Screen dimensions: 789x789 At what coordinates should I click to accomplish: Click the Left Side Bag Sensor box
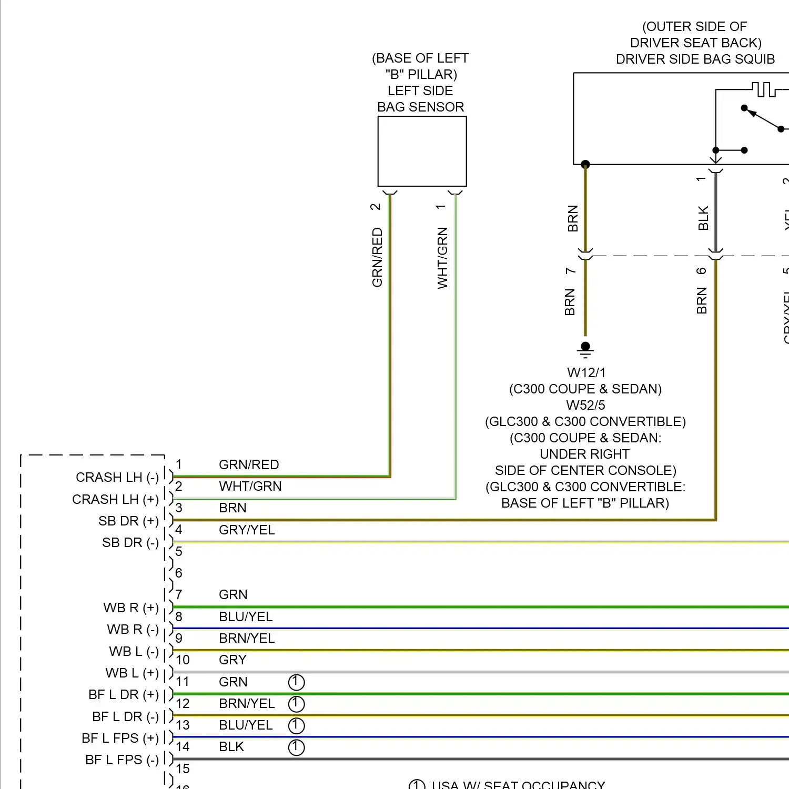pos(422,151)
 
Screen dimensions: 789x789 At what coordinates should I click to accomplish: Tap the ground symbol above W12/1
pos(585,348)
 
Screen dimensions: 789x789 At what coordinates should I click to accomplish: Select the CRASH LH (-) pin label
pos(117,477)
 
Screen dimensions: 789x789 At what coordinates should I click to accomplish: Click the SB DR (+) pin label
pos(128,521)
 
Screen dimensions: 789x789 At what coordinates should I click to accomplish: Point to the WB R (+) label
pos(131,608)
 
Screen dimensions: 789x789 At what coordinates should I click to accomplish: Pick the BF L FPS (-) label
pos(122,760)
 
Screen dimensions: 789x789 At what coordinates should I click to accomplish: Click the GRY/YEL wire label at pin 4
pos(247,530)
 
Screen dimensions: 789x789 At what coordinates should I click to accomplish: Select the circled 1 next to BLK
pos(296,747)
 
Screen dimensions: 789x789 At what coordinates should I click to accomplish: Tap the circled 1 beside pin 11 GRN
pos(296,682)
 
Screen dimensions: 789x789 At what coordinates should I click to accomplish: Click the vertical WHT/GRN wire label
pos(442,258)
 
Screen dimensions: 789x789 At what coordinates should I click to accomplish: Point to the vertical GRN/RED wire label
pos(377,257)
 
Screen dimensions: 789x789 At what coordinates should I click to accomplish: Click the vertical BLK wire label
pos(703,218)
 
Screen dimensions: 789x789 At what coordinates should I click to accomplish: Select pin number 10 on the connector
pos(183,660)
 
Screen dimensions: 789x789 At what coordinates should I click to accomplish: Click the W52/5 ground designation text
pos(585,405)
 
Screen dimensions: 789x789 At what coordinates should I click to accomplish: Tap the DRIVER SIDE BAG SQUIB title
pos(695,59)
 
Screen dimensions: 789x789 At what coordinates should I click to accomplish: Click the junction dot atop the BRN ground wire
pos(585,165)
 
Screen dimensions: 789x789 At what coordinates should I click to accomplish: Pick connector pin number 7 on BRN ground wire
pos(571,271)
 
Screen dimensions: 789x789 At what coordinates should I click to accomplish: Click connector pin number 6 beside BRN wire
pos(701,271)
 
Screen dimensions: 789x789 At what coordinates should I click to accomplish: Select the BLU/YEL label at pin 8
pos(246,616)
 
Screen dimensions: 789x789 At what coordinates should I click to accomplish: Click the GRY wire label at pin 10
pos(232,660)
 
